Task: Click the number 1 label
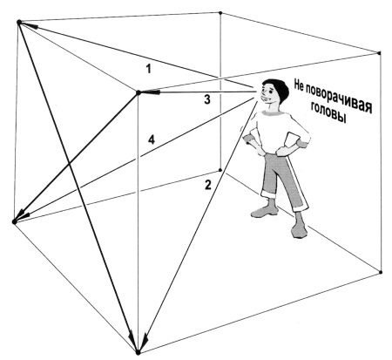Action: [x=149, y=69]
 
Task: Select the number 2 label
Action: [x=208, y=185]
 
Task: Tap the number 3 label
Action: [x=206, y=99]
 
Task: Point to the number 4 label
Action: [x=152, y=139]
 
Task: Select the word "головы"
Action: [x=328, y=112]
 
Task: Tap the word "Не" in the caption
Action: [x=300, y=85]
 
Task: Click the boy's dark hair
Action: [x=278, y=87]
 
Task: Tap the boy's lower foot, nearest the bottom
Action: [x=299, y=230]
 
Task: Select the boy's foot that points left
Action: [x=264, y=212]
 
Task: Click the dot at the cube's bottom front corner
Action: [x=139, y=352]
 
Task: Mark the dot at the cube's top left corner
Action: [x=19, y=22]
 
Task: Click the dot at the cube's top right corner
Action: [x=379, y=53]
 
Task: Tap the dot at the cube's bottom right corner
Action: [x=381, y=272]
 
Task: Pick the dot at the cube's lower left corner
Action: [x=14, y=222]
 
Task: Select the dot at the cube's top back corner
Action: [x=220, y=13]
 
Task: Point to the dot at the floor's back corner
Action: [x=220, y=170]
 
